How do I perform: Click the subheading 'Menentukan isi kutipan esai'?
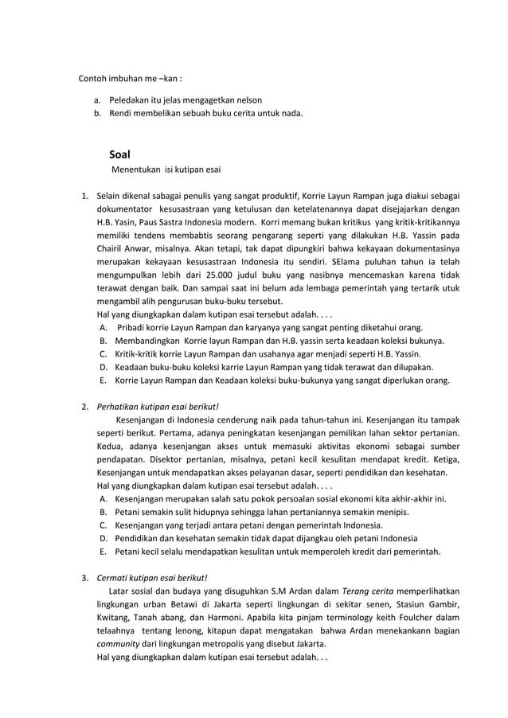(x=166, y=170)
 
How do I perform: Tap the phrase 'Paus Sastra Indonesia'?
(x=194, y=220)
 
